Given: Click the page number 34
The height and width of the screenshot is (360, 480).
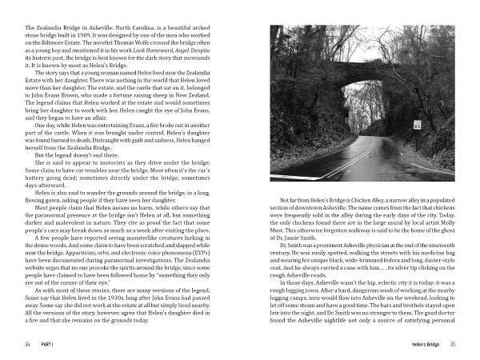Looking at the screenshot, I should pyautogui.click(x=28, y=345).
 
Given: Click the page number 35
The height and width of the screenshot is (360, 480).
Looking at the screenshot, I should pyautogui.click(x=452, y=345).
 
